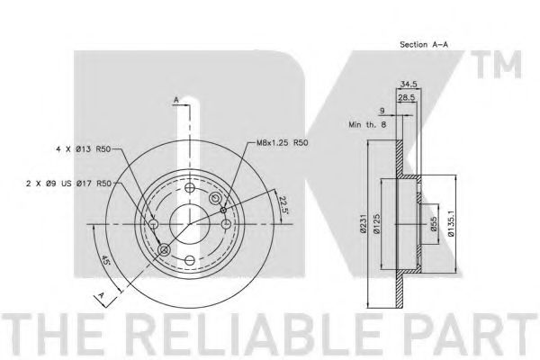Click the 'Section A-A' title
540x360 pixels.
424,44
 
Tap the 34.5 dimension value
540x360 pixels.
409,84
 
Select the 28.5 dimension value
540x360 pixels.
407,98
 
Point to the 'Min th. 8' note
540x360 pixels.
367,124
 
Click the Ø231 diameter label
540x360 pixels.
363,224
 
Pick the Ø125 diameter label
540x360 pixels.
376,224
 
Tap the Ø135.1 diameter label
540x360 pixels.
452,224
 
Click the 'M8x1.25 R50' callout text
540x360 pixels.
282,142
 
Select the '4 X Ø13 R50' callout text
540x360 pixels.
83,149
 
